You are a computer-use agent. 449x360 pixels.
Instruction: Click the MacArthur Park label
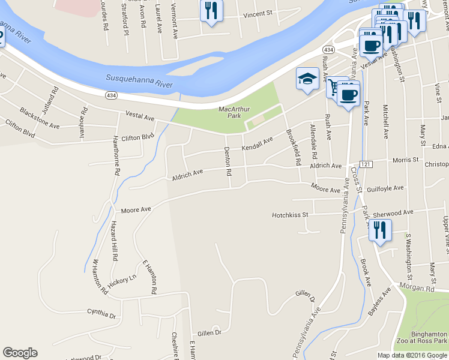[x=234, y=112]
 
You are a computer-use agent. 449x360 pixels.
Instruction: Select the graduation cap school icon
[x=307, y=79]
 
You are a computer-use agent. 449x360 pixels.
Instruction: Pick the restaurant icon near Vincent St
[x=211, y=11]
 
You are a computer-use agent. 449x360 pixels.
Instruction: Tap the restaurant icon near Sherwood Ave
[x=379, y=231]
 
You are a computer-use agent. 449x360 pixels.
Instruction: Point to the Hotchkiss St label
[x=290, y=214]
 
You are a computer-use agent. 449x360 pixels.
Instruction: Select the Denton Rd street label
[x=229, y=162]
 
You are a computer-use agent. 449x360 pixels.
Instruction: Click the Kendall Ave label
[x=258, y=143]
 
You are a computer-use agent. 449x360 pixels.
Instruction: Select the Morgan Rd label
[x=423, y=288]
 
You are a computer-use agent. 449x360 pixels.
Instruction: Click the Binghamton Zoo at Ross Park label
[x=420, y=337]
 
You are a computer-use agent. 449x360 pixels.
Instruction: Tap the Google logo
[x=20, y=353]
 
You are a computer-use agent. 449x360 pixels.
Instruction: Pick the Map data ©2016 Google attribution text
[x=412, y=355]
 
